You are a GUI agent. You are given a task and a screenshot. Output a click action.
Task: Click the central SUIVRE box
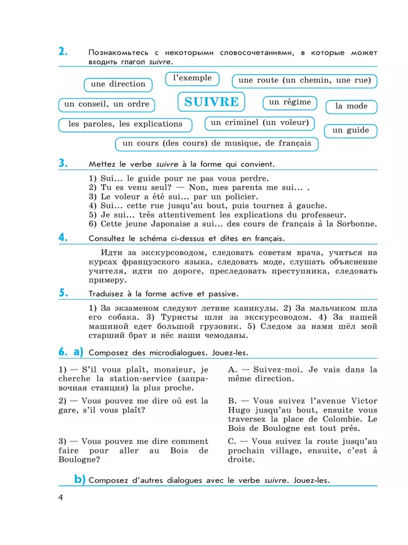(212, 102)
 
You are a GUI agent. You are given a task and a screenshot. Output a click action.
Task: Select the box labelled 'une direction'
(118, 84)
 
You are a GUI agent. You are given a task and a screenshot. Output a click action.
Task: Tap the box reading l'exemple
(192, 78)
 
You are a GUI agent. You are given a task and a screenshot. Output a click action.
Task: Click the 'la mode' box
(352, 106)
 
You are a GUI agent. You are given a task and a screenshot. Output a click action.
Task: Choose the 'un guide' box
(350, 130)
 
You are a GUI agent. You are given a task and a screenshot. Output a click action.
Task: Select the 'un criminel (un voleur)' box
(260, 123)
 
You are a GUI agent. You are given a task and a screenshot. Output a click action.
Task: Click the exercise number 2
(63, 52)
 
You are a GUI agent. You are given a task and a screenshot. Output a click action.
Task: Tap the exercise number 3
(63, 163)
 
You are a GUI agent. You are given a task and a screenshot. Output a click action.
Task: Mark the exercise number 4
(63, 237)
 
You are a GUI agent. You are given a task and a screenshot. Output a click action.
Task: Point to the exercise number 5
(63, 292)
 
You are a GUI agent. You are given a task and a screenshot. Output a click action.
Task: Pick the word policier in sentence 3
(235, 196)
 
